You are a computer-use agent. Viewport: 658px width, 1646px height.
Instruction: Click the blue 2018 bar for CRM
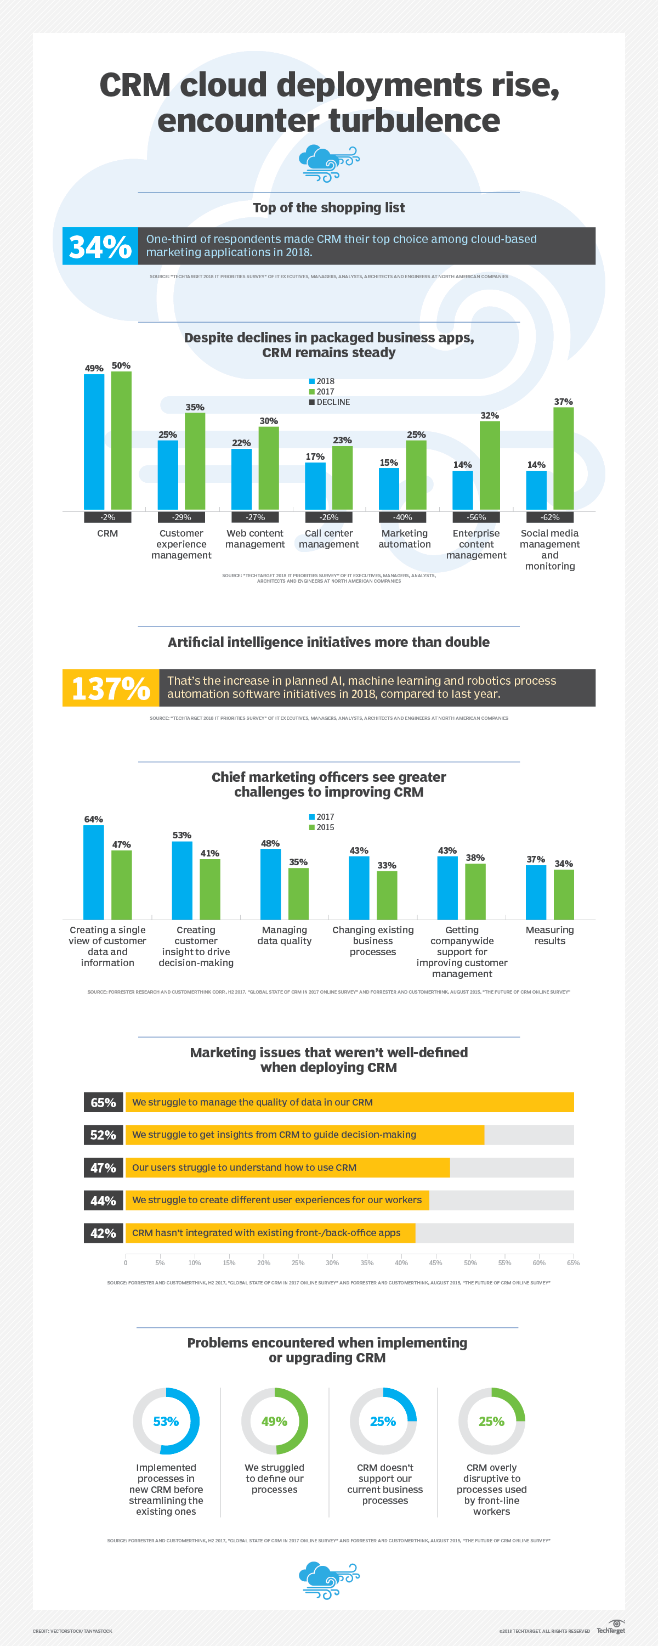(x=94, y=442)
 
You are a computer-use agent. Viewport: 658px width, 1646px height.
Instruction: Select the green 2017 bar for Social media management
(x=564, y=458)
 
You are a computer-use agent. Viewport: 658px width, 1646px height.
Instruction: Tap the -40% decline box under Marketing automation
(x=402, y=517)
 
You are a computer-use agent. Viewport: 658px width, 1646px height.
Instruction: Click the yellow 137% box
(x=111, y=688)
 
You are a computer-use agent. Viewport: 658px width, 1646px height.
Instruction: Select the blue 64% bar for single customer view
(x=93, y=872)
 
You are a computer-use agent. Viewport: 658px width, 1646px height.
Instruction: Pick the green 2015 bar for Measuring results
(x=564, y=894)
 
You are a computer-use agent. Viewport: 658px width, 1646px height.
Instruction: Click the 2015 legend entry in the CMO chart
(x=322, y=827)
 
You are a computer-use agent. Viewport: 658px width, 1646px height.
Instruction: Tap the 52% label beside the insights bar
(x=103, y=1135)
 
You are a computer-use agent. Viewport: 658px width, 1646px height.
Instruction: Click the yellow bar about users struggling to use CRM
(x=287, y=1168)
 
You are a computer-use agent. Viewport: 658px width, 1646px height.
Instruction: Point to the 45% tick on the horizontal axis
(x=436, y=1262)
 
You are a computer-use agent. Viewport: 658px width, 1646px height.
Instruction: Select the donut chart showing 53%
(x=166, y=1422)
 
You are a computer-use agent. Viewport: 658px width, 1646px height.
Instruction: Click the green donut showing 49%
(x=275, y=1422)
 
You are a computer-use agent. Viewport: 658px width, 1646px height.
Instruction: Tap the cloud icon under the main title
(x=329, y=164)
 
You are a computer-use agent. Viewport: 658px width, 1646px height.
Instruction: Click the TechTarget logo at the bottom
(x=611, y=1626)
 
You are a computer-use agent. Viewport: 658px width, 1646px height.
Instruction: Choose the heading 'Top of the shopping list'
(x=328, y=207)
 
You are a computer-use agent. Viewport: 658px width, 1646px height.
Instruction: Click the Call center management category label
(x=329, y=539)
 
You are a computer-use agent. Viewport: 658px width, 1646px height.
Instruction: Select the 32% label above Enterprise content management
(x=489, y=415)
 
